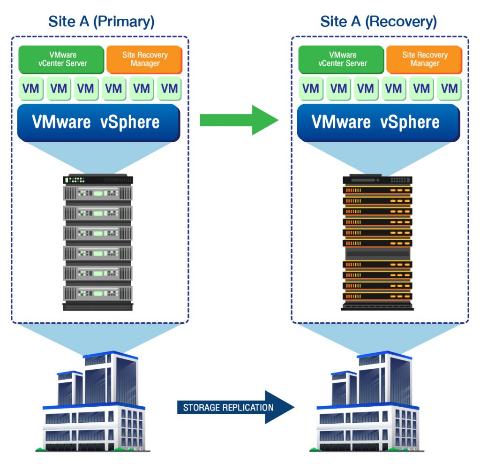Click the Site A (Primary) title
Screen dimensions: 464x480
(x=101, y=21)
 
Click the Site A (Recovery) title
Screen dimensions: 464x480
(x=378, y=21)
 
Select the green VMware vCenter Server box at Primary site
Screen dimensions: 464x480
(x=61, y=59)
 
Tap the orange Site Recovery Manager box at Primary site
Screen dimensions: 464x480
(x=145, y=59)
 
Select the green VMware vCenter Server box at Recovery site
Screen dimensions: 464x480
(x=342, y=59)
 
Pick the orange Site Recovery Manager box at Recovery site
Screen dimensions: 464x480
(x=424, y=59)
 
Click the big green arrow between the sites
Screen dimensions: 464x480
(x=239, y=120)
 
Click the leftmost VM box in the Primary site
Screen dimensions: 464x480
(x=31, y=88)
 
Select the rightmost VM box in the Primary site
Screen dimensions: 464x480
(x=169, y=88)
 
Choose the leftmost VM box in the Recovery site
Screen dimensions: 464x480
(x=311, y=88)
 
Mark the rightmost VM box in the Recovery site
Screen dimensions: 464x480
(x=450, y=88)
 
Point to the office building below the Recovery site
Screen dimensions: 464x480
(x=368, y=403)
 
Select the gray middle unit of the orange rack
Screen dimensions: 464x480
(x=377, y=253)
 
